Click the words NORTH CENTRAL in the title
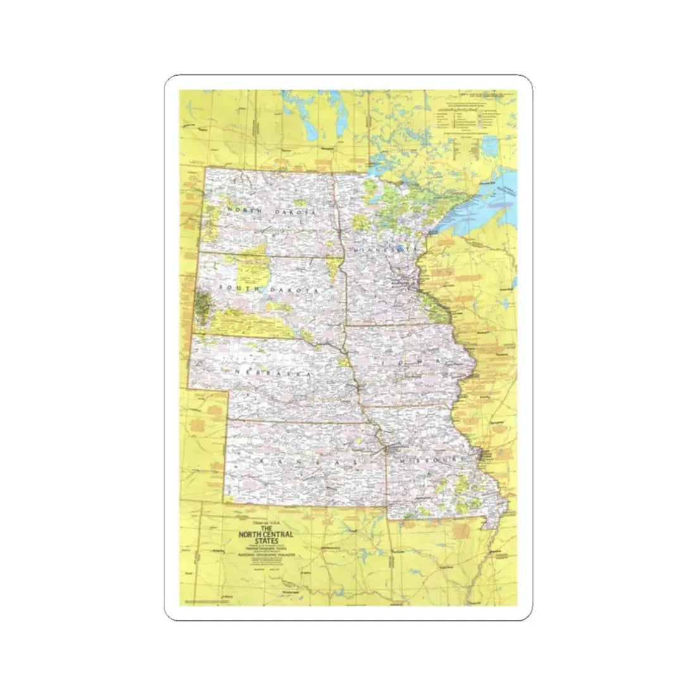[x=262, y=535]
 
